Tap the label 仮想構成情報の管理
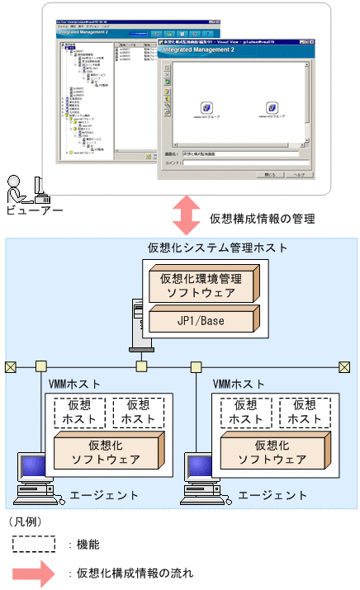[x=263, y=219]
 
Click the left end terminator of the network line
[x=11, y=366]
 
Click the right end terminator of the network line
[x=348, y=366]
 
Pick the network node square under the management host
[x=141, y=366]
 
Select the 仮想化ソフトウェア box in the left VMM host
[x=106, y=451]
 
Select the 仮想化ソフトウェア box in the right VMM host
[x=272, y=451]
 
